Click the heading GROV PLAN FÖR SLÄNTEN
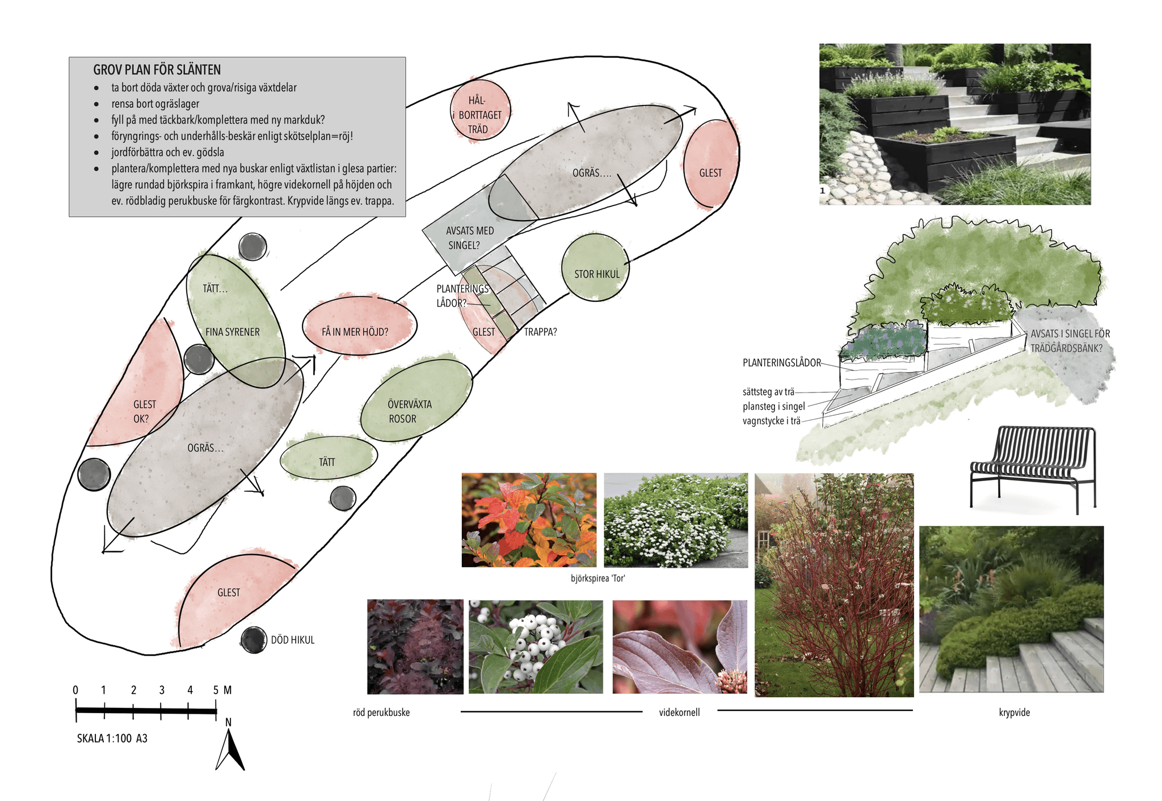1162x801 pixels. pos(157,70)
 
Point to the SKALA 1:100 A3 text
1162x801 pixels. pos(112,738)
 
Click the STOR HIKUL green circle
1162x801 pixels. pos(596,268)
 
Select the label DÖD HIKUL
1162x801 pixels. pos(292,640)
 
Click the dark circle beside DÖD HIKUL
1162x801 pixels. pos(253,640)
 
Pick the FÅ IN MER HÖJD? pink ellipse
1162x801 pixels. pos(359,326)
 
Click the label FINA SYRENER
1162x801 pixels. pos(232,332)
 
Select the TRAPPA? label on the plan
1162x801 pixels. pos(540,332)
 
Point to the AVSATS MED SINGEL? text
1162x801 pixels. pos(469,238)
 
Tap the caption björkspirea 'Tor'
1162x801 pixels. pos(597,578)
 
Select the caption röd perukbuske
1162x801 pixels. pos(381,713)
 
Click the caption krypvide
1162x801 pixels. pos(1014,713)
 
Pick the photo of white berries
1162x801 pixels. pos(536,647)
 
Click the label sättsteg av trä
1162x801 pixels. pos(768,391)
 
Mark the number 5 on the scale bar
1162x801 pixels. pos(216,690)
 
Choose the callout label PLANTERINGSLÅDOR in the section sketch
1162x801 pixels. pos(781,362)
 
